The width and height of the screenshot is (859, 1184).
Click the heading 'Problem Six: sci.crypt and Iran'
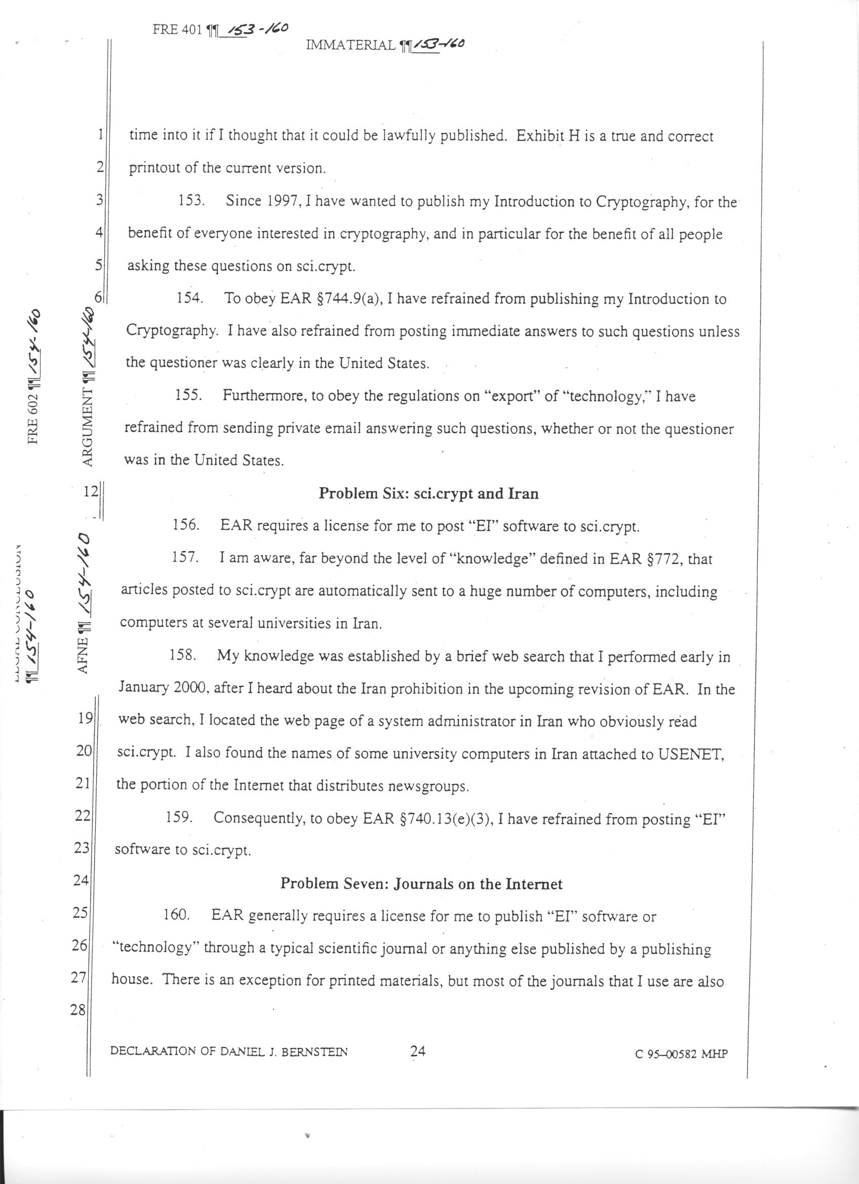pos(428,494)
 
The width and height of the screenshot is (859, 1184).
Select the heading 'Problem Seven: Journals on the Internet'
pos(421,883)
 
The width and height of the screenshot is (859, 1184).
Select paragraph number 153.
pos(191,201)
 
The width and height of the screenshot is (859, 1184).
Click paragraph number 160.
pos(176,916)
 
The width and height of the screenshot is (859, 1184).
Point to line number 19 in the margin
pos(85,718)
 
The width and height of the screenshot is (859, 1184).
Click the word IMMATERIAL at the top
pos(350,46)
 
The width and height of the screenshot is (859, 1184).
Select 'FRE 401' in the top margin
pos(176,30)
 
